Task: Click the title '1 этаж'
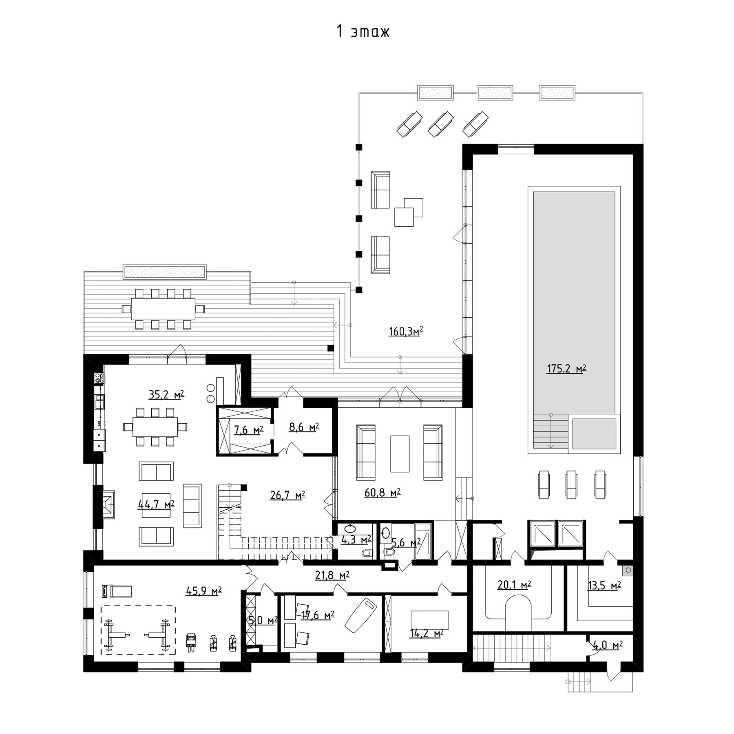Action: tap(363, 31)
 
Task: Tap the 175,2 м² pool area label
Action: tap(566, 369)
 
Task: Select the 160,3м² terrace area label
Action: tap(406, 331)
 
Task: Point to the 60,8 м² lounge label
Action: tap(382, 493)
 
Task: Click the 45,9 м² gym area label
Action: tap(203, 591)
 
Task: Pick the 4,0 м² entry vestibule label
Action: tap(607, 656)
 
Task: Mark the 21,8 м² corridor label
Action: tap(332, 575)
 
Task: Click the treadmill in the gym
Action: tap(117, 590)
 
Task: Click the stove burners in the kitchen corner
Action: tap(99, 378)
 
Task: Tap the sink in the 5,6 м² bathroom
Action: tap(385, 532)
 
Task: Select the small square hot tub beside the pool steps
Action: tap(594, 434)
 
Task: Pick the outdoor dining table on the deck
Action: tap(163, 309)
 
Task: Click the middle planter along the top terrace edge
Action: tap(495, 93)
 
